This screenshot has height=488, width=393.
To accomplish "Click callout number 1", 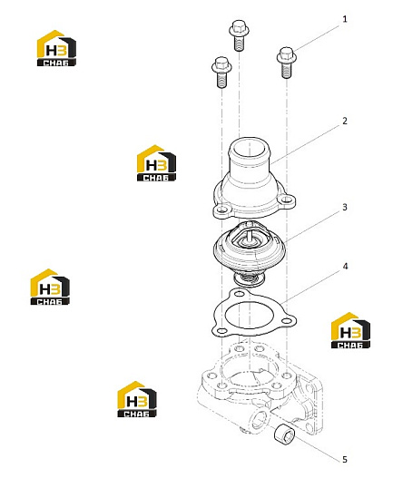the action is point(344,19).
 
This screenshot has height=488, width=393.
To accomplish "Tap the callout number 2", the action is point(345,121).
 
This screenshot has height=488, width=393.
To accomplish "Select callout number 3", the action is point(345,207).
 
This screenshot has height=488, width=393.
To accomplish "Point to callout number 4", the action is point(345,267).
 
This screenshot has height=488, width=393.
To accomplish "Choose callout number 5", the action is point(344,459).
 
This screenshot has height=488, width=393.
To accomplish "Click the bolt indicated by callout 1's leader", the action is point(287,63).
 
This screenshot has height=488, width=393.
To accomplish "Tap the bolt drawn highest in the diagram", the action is point(239,35).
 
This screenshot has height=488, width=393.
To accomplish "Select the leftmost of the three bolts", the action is point(221,73).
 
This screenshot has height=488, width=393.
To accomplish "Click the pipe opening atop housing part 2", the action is point(250,148).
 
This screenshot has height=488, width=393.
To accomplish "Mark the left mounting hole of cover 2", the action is point(222,210).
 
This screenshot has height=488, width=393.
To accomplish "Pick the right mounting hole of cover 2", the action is point(287,200).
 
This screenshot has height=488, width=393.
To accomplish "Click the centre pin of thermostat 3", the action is point(249,237).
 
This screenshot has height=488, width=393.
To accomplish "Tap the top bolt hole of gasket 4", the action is point(239,293).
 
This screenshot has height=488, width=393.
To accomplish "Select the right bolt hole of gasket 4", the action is point(286,321).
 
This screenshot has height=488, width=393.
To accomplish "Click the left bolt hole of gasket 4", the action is point(221,330).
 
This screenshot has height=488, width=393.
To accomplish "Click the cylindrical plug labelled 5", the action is point(284,434).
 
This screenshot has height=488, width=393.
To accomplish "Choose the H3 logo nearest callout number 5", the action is point(350,330).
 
